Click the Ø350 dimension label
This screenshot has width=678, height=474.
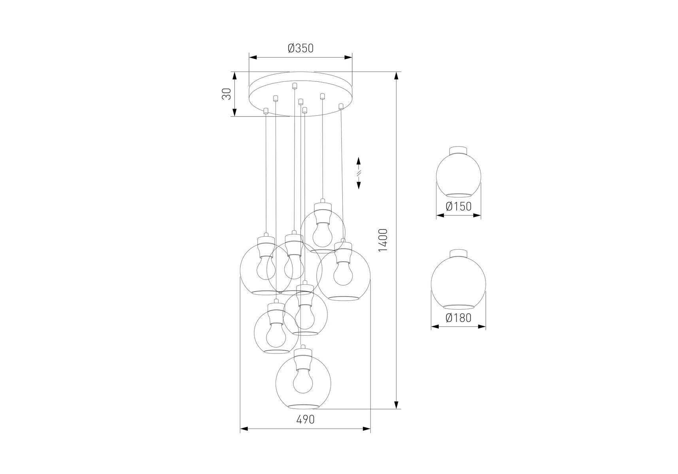click(300, 48)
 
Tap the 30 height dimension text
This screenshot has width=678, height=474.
click(227, 94)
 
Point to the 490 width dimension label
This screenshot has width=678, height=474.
click(305, 419)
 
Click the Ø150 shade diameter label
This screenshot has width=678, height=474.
click(459, 206)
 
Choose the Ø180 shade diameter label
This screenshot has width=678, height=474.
click(459, 318)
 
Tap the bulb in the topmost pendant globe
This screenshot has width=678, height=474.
click(323, 234)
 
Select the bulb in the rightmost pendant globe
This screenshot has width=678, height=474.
click(343, 273)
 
